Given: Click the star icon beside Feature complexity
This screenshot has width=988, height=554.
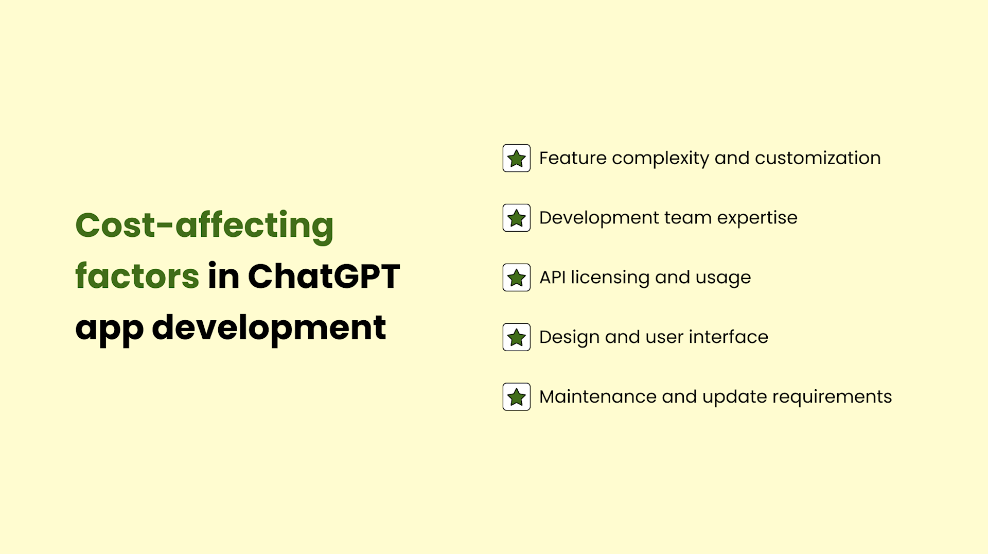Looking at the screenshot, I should point(516,158).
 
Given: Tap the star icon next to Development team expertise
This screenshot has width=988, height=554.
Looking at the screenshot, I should point(516,218).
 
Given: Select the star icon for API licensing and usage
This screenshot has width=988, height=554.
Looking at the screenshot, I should point(516,278).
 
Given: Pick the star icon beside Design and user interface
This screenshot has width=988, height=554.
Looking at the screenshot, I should point(516,337).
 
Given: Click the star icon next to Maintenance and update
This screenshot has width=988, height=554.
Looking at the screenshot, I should point(516,397).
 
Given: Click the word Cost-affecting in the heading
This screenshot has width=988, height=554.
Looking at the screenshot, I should point(204,225).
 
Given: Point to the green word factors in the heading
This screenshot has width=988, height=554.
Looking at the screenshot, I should point(137,276).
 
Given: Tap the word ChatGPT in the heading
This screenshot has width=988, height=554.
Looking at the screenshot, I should point(324,276).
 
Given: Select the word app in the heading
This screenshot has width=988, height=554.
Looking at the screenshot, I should point(109,328).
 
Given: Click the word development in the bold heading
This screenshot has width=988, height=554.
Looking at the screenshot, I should point(269,327).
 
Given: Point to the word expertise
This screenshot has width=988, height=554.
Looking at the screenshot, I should point(757,218).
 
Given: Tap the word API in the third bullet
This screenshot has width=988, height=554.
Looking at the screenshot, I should point(552,278).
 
